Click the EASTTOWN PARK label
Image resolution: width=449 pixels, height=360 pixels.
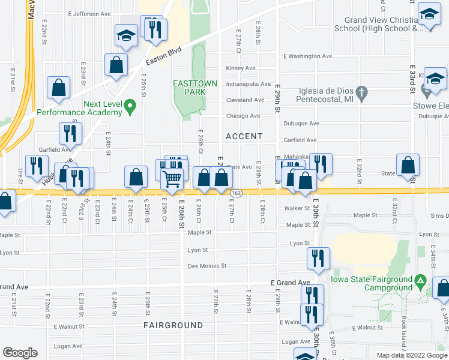(x=189, y=88)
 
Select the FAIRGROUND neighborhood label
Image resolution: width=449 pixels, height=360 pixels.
(x=164, y=325)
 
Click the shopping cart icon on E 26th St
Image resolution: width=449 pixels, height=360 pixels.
(x=172, y=179)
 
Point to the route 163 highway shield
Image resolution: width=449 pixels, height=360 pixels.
(x=237, y=192)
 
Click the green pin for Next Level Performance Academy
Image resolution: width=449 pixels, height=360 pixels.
(x=133, y=108)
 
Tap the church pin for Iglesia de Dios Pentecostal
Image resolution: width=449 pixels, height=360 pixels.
(x=361, y=92)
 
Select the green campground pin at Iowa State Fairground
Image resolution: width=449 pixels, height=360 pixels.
(x=421, y=280)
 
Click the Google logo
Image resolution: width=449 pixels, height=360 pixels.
(x=20, y=353)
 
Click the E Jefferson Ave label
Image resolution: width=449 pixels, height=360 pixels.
(x=91, y=13)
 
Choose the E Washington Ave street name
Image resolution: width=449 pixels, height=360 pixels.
(x=308, y=56)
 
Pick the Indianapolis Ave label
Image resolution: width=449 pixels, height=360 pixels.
(x=248, y=85)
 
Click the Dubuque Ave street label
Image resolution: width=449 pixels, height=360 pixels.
(x=301, y=124)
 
